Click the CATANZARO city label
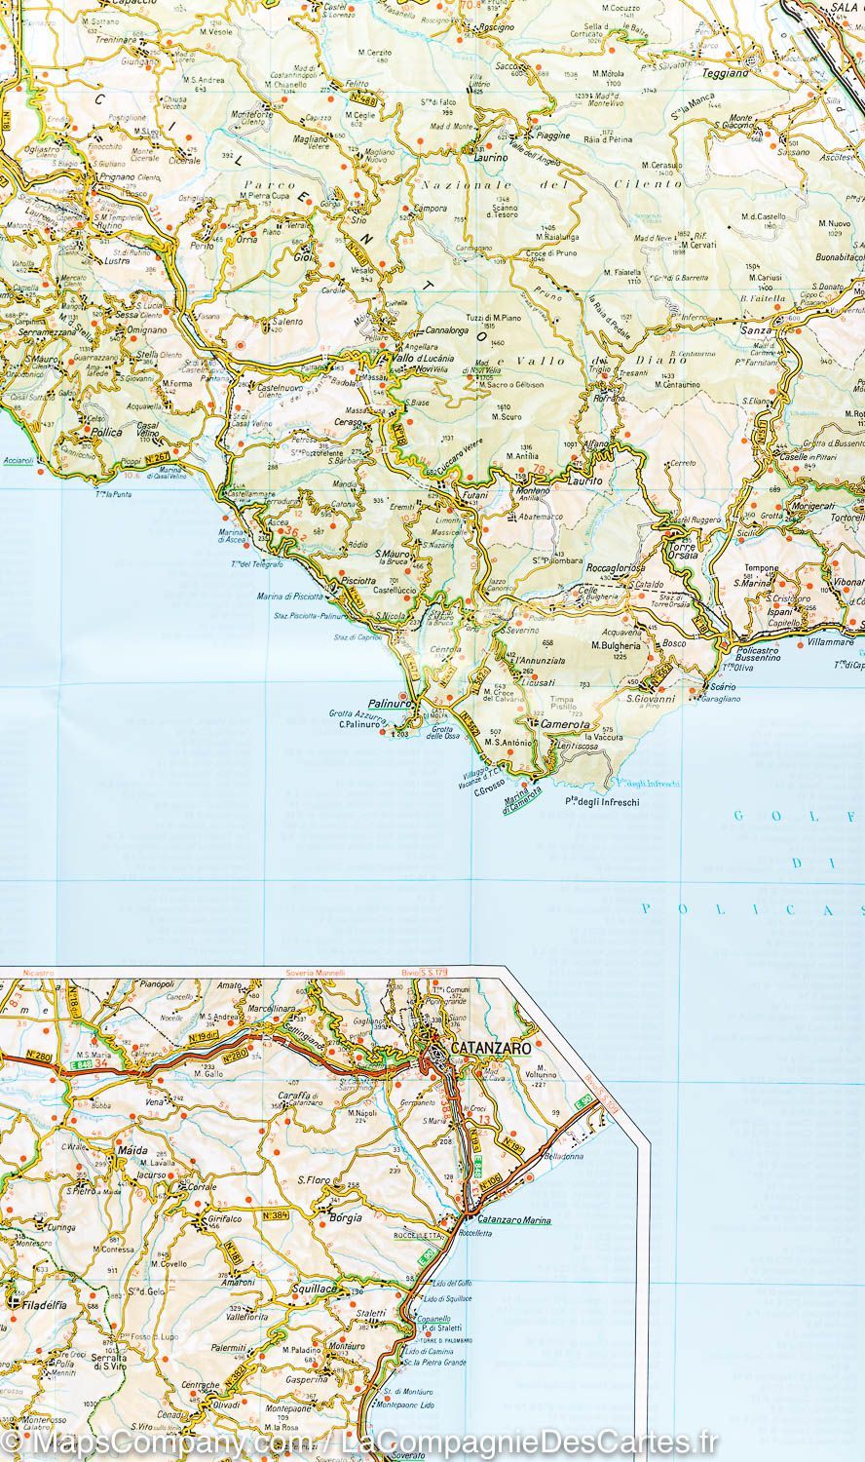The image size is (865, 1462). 489,1048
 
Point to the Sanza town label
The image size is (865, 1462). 756,330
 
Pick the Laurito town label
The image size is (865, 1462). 588,482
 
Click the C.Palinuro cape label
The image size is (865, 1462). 357,722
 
